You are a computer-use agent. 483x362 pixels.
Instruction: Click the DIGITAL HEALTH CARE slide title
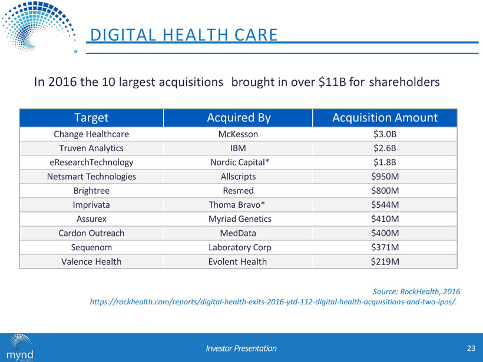[x=181, y=35]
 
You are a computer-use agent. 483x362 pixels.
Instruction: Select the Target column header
[x=91, y=117]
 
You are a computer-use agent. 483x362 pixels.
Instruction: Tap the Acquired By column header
[x=239, y=117]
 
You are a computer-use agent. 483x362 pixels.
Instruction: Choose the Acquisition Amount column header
[x=385, y=117]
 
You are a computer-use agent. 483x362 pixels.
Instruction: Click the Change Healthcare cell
[x=91, y=134]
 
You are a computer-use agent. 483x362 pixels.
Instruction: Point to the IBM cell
[x=239, y=148]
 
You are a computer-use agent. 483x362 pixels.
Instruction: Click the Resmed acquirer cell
[x=239, y=191]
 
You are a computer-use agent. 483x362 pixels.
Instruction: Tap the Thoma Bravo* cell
[x=239, y=205]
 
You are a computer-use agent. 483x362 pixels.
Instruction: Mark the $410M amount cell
[x=385, y=219]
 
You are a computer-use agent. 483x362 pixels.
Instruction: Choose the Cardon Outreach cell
[x=91, y=233]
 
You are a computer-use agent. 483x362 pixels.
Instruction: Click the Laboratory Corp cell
[x=239, y=247]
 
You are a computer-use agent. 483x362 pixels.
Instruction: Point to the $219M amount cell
[x=385, y=261]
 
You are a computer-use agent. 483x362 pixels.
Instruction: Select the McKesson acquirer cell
[x=239, y=134]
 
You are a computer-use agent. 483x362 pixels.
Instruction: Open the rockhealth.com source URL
[x=274, y=302]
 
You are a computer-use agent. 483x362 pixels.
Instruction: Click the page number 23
[x=470, y=348]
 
